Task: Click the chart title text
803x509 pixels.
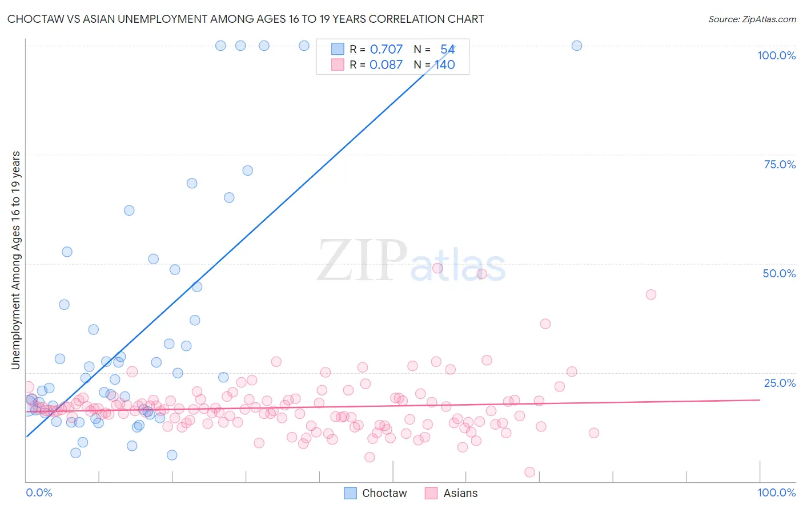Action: coord(246,19)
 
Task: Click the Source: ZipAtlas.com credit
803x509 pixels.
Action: coord(752,19)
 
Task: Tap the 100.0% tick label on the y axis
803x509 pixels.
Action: coord(776,55)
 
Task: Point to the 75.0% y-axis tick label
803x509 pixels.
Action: coord(780,164)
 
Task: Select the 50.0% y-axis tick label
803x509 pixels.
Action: coord(779,273)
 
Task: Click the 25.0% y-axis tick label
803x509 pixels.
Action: coord(780,383)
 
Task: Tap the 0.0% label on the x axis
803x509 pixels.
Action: coord(39,492)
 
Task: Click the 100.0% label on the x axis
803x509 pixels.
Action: coord(776,492)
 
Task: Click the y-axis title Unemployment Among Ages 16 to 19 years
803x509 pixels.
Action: coord(16,260)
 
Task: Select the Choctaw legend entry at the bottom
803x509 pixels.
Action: coord(376,493)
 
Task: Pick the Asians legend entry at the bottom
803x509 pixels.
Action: coord(452,493)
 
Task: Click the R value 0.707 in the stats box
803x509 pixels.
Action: coord(386,50)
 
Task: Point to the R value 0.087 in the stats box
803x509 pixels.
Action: coord(386,65)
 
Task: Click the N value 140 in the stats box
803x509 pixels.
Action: coord(445,65)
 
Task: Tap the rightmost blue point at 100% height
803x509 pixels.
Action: coord(577,46)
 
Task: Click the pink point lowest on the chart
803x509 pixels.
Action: coord(529,472)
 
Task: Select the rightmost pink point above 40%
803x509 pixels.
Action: coord(651,294)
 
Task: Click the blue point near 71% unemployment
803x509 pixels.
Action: coord(247,171)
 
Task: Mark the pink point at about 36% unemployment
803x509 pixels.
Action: coord(545,324)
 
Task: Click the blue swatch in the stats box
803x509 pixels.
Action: coord(338,50)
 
